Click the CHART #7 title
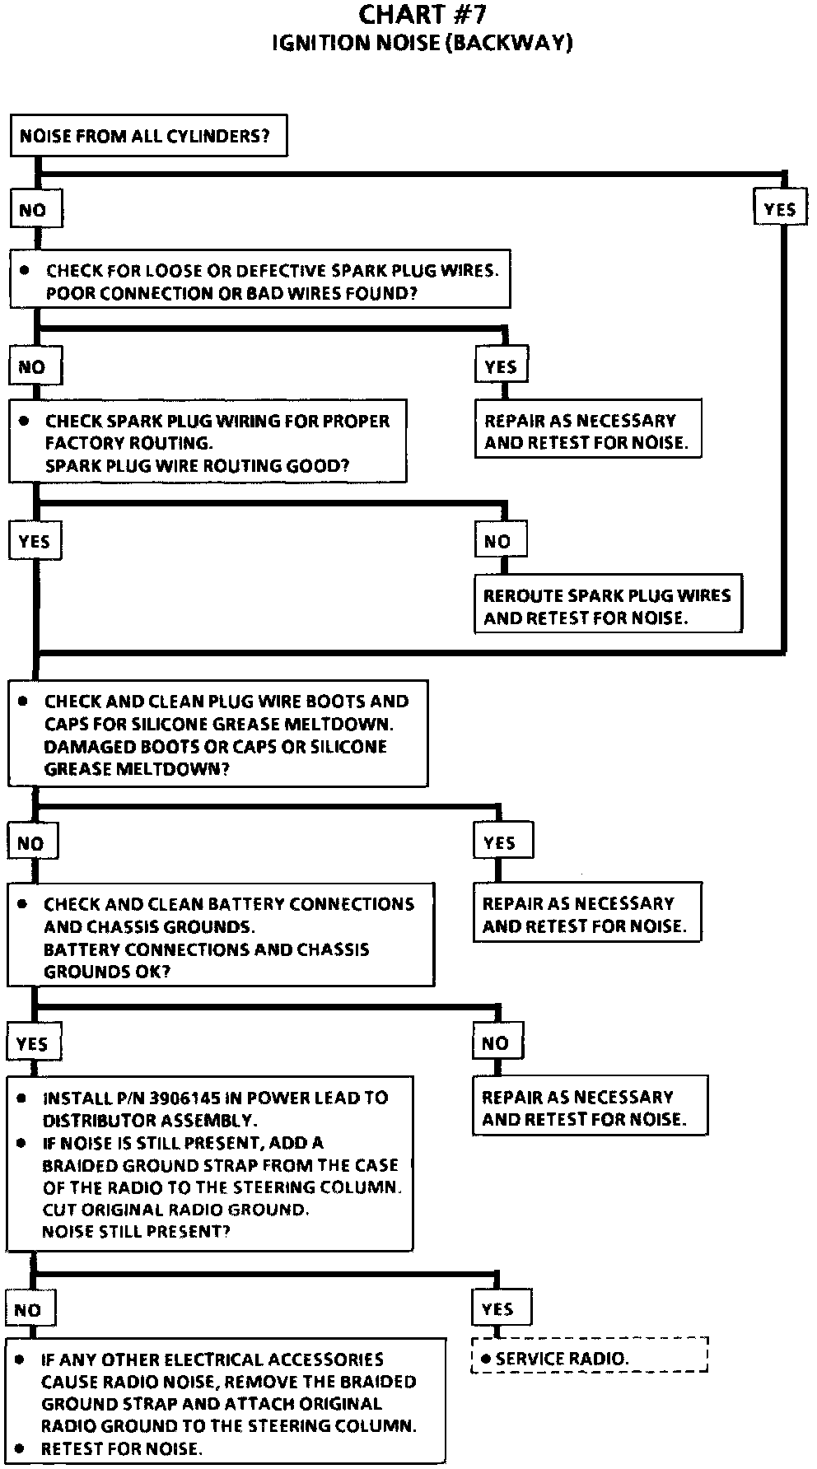[422, 14]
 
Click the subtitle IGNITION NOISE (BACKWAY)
[422, 43]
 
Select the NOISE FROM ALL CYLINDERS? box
[148, 136]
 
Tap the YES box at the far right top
[779, 209]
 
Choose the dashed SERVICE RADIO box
[590, 1359]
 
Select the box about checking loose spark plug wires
[259, 280]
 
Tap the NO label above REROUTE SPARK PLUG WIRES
[497, 542]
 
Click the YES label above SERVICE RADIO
[497, 1308]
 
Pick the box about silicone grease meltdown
[218, 734]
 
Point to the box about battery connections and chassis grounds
[221, 936]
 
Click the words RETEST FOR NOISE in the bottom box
[121, 1448]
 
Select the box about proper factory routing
[208, 442]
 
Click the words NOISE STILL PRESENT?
[136, 1231]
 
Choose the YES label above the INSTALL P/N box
[32, 1043]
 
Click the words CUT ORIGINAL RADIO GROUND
[175, 1209]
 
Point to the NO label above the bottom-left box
[28, 1309]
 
